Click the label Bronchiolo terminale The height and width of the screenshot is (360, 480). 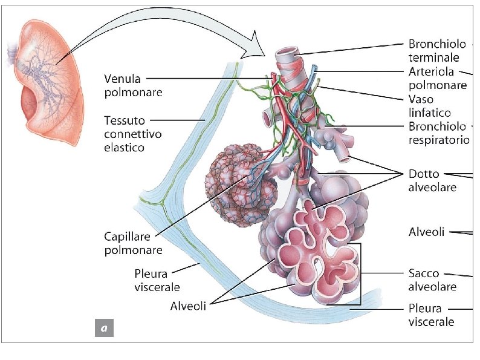(437, 51)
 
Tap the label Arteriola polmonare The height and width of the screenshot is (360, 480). (437, 78)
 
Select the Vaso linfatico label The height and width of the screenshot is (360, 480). (429, 105)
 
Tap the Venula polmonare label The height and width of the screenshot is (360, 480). (125, 85)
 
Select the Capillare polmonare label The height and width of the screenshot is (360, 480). (132, 243)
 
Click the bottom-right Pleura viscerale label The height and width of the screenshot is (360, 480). (431, 315)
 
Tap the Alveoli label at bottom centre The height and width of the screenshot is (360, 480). (188, 306)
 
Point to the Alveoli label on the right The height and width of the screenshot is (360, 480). (427, 232)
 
